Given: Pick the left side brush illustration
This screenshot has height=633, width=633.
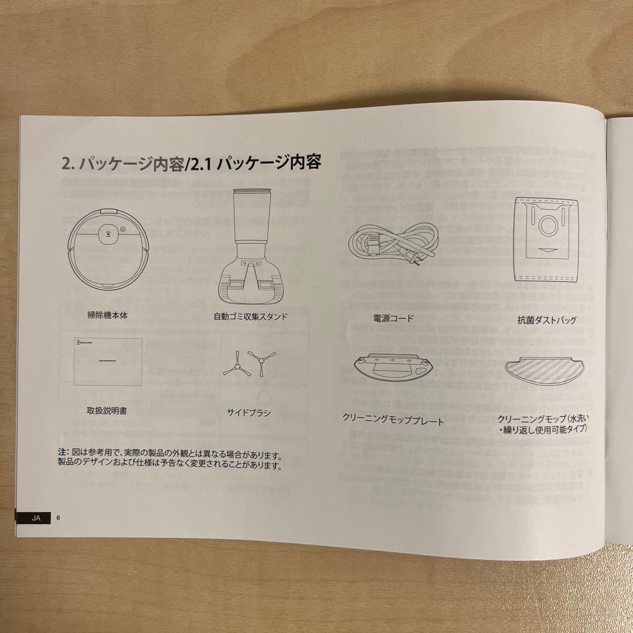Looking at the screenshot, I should [x=234, y=366].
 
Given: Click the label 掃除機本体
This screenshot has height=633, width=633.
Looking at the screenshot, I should [x=107, y=315].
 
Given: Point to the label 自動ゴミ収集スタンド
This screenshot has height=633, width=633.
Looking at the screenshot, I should [x=250, y=316].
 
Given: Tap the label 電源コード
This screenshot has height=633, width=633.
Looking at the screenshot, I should [x=393, y=318].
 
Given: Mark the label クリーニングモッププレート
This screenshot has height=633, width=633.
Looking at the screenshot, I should [x=393, y=420].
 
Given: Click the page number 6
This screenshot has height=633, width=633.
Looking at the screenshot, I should [x=59, y=518].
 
